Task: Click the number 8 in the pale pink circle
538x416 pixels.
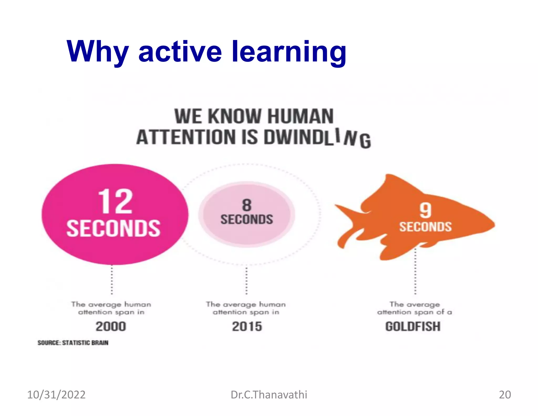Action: tap(247, 205)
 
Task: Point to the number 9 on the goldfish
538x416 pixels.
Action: tap(425, 210)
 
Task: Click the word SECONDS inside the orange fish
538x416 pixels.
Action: tap(425, 227)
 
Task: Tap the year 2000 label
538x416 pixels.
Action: tap(111, 326)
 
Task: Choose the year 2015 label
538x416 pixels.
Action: tap(247, 326)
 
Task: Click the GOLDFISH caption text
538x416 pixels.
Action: tap(413, 326)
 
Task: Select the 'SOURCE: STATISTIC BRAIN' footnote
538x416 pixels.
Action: tap(73, 343)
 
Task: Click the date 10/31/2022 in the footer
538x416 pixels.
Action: tap(56, 395)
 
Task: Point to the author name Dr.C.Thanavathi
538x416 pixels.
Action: tap(269, 395)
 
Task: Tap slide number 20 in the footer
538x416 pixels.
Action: tap(505, 395)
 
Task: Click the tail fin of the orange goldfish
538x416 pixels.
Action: tap(347, 226)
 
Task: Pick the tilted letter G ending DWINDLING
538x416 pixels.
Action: tap(365, 141)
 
